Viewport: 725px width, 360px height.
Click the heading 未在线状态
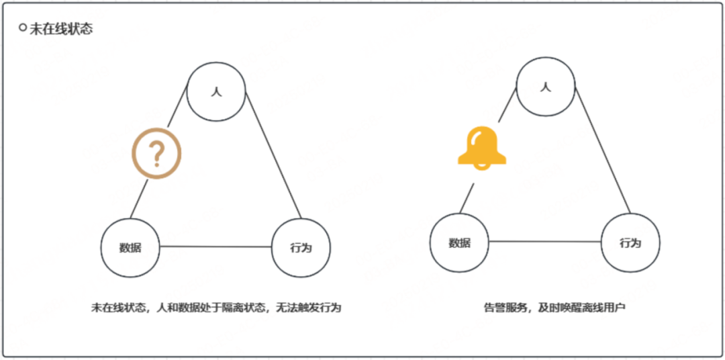click(61, 30)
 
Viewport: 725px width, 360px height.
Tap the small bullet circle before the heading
click(23, 28)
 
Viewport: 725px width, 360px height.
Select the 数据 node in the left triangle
click(130, 247)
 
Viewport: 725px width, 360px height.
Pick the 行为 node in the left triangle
click(301, 247)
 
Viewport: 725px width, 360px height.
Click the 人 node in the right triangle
click(546, 87)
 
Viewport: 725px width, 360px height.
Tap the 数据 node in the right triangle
click(460, 242)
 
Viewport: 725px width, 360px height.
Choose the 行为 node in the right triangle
click(630, 242)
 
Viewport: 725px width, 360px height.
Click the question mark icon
click(156, 154)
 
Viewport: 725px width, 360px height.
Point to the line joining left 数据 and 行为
click(215, 246)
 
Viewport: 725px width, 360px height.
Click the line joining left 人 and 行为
click(272, 154)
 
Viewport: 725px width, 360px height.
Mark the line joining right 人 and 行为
click(602, 150)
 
